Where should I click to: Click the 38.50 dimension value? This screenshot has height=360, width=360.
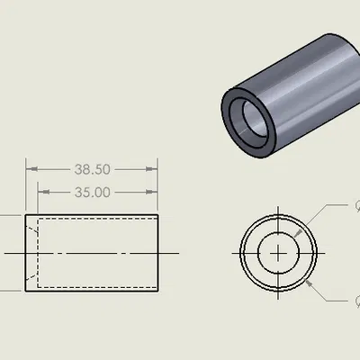tap(93, 169)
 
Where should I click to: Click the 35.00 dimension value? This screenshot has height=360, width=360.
tap(93, 192)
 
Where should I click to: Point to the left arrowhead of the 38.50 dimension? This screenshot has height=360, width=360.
tap(29, 169)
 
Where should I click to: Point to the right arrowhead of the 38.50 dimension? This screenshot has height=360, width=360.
tap(157, 169)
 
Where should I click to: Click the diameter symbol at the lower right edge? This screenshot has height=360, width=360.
tap(356, 301)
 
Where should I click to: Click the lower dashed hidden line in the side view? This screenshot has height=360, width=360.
tap(99, 281)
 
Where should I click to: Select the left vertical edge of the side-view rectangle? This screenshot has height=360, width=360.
tap(27, 254)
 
